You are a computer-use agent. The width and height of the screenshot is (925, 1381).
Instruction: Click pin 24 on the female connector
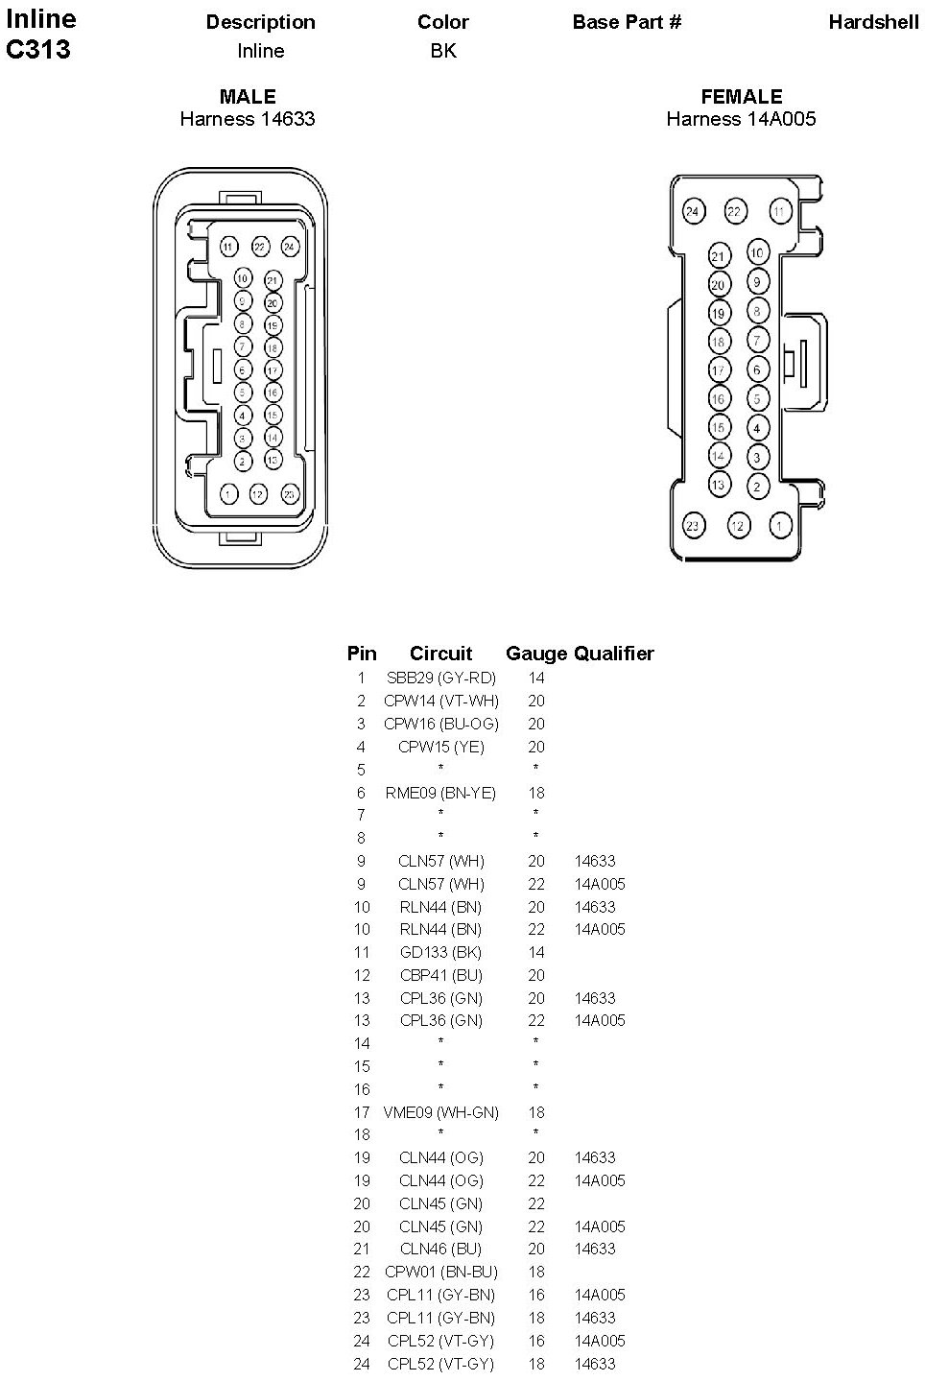tap(693, 212)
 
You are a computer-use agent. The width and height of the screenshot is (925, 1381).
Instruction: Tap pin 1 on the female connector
tap(780, 525)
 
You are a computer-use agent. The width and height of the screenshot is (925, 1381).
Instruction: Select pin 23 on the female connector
tap(693, 525)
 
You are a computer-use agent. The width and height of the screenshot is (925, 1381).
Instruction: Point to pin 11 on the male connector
tap(227, 247)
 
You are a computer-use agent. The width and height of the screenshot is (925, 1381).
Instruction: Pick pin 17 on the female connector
tap(719, 369)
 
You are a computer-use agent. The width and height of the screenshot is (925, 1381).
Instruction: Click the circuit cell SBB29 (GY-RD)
tap(441, 678)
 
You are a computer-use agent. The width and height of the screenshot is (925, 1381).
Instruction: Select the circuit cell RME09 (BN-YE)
tap(441, 793)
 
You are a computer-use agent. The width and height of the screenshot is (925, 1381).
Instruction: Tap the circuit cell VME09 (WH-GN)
tap(441, 1112)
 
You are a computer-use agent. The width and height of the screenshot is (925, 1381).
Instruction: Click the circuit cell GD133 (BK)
tap(441, 952)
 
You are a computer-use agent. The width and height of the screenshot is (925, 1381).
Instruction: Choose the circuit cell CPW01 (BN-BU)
tap(441, 1272)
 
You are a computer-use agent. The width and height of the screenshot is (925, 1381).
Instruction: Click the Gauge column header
tap(536, 654)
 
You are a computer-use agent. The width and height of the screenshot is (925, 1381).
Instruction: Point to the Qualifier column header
tap(614, 654)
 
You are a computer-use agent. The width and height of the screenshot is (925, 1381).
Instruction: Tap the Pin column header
tap(362, 654)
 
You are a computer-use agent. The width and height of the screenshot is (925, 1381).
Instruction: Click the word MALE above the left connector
tap(248, 96)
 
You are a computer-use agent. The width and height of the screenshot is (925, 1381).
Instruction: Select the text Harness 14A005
tap(742, 119)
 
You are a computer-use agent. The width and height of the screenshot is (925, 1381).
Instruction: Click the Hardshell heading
tap(873, 22)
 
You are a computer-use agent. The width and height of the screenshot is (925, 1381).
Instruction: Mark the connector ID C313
tap(38, 50)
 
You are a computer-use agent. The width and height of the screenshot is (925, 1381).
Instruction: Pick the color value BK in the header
tap(443, 51)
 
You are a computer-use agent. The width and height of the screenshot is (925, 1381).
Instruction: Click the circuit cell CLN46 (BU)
tap(441, 1249)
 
